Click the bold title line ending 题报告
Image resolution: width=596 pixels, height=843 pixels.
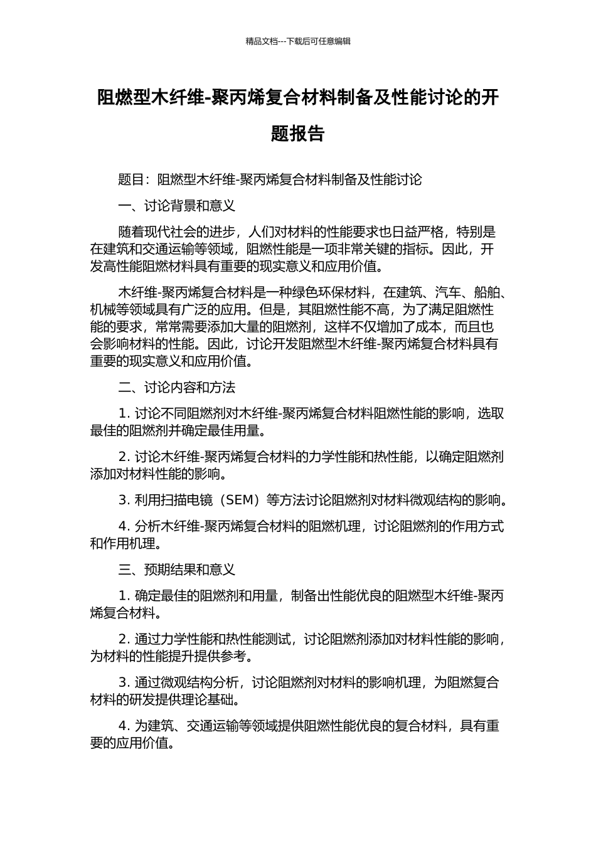coord(298,134)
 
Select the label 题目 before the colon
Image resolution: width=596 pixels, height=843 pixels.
coord(131,180)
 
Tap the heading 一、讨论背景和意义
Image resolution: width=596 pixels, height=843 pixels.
coord(176,206)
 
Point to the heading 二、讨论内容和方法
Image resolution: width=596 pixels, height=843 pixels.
coord(176,388)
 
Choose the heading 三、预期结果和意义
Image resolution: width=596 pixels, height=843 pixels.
coord(176,570)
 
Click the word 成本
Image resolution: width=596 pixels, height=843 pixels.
coord(428,327)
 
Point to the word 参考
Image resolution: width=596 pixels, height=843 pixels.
coord(241,657)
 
